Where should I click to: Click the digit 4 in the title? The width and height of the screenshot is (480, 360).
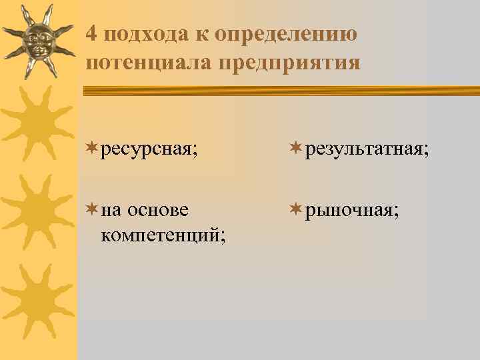[93, 33]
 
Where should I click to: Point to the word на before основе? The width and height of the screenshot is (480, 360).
[112, 210]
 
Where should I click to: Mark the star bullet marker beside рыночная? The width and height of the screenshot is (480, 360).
[295, 209]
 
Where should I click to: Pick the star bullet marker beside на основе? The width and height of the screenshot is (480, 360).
[92, 209]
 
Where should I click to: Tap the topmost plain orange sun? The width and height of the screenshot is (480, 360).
[37, 124]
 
